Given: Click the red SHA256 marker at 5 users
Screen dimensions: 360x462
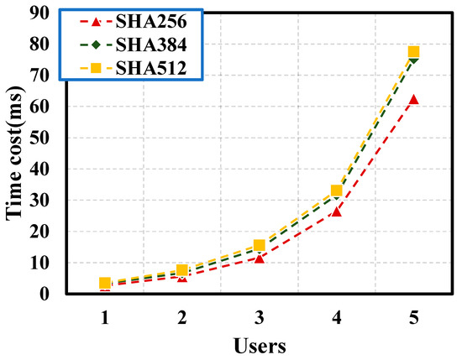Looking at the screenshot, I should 413,99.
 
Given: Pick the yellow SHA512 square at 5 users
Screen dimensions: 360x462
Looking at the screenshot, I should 413,52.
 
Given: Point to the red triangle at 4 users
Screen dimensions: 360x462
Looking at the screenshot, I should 336,211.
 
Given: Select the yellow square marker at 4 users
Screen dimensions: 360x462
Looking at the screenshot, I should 336,190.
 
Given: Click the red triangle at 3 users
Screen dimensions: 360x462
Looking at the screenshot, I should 260,258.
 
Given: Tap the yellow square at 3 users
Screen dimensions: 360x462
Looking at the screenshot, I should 260,245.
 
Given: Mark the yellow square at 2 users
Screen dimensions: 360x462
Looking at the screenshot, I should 182,270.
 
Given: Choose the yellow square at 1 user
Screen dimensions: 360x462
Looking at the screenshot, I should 105,283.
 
